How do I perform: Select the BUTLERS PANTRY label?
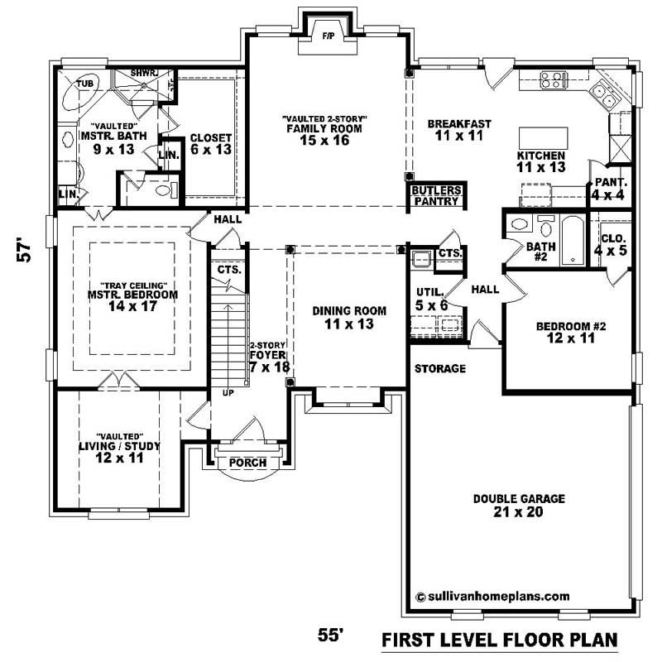click(x=436, y=195)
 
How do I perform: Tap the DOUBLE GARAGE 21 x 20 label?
click(x=519, y=505)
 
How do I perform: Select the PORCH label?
click(x=247, y=463)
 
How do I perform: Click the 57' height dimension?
click(x=26, y=251)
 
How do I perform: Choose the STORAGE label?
click(x=439, y=368)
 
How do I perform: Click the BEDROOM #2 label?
click(x=571, y=331)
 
